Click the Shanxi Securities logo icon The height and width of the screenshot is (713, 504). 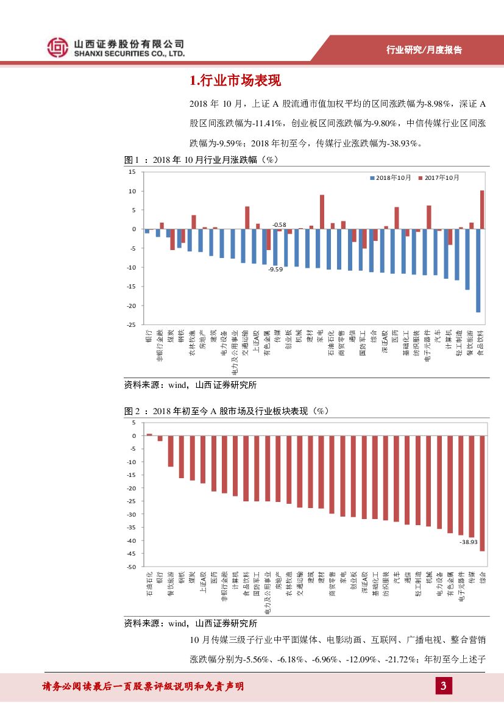[x=58, y=46]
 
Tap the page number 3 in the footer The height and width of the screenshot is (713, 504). [x=443, y=687]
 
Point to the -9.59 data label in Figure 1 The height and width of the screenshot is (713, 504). [x=276, y=269]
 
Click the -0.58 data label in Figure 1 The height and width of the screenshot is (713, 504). [x=279, y=224]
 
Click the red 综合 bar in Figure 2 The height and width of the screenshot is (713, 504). [x=482, y=493]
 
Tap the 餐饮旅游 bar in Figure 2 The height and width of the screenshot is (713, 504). [x=171, y=451]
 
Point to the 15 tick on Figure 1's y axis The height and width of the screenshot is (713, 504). [x=132, y=172]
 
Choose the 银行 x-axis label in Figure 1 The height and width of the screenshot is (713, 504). [x=147, y=337]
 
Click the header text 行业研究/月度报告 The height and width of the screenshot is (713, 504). [x=424, y=50]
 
